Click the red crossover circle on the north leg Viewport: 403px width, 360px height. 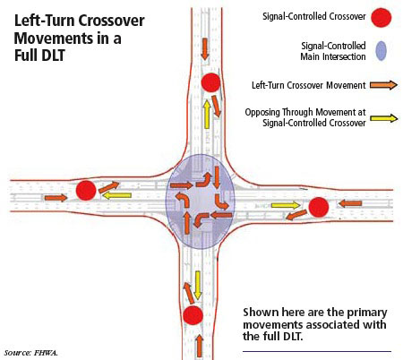(210, 82)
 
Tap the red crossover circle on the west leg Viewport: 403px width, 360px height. (86, 190)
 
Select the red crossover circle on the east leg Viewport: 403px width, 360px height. (319, 207)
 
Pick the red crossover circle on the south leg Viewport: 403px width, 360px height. (193, 315)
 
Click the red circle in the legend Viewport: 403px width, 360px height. (382, 17)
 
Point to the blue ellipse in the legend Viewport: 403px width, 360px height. (381, 51)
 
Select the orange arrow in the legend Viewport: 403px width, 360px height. (383, 85)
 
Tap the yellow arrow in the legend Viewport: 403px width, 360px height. (384, 118)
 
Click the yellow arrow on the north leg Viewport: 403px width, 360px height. (207, 115)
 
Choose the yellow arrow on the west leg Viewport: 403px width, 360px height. (116, 195)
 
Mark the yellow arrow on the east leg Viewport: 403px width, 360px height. (286, 205)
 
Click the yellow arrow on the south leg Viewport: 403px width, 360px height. (197, 286)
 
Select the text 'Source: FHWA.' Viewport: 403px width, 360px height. (31, 353)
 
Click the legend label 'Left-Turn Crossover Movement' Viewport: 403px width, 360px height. (309, 85)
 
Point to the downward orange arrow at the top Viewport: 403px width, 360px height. (205, 48)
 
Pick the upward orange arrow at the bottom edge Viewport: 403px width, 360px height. (200, 347)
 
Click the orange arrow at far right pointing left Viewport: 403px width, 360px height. (349, 204)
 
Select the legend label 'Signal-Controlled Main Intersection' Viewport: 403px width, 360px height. (333, 51)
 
